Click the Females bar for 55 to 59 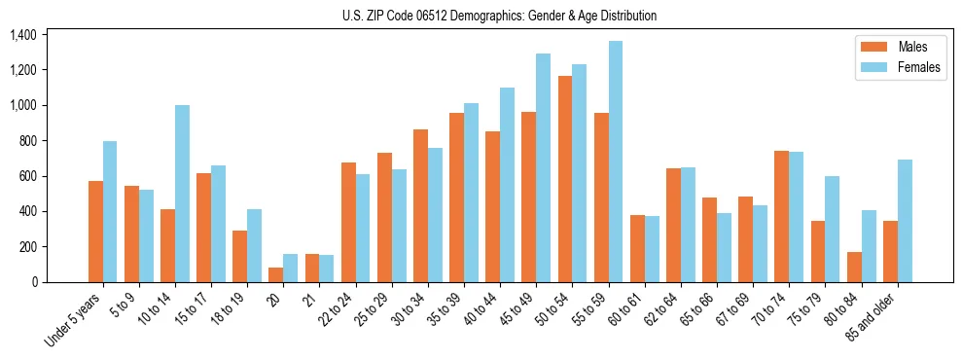click(x=616, y=162)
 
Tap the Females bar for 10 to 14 click(x=182, y=194)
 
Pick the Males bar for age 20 click(x=276, y=274)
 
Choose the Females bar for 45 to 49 click(x=543, y=167)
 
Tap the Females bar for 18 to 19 click(x=254, y=245)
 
